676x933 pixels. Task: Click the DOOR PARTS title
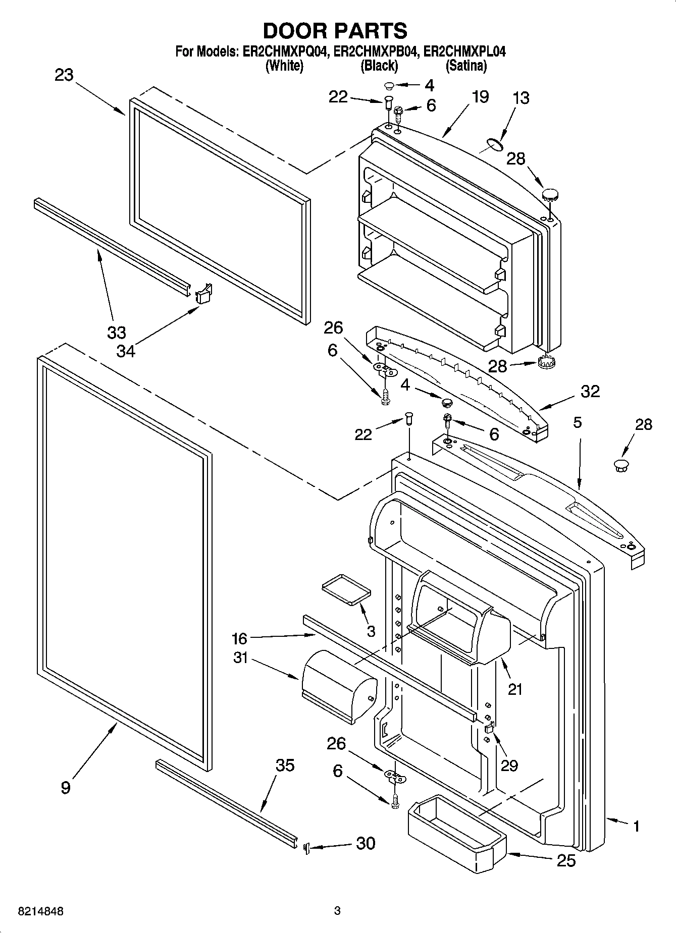(x=335, y=31)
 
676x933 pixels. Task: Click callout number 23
(x=64, y=75)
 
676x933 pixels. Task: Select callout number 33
(x=116, y=333)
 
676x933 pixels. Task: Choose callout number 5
(x=578, y=422)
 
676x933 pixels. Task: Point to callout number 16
(x=239, y=639)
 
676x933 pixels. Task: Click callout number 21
(x=515, y=689)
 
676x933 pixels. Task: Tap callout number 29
(x=509, y=765)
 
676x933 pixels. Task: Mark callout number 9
(x=66, y=787)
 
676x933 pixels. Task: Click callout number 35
(x=285, y=765)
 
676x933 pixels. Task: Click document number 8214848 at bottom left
(x=40, y=911)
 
